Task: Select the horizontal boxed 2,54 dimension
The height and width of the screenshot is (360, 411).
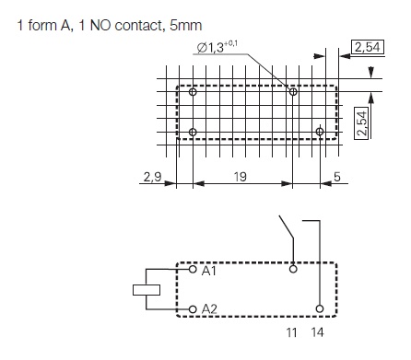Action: coord(368,49)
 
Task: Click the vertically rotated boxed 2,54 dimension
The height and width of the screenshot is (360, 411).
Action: coord(362,122)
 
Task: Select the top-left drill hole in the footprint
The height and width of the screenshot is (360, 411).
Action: coord(193,93)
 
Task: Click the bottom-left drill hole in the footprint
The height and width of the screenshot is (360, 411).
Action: coord(193,133)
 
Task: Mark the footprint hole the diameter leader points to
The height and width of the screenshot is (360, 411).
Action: coord(293,92)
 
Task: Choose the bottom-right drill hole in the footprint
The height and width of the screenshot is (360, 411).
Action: coord(319,133)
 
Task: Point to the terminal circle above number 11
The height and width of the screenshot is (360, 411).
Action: coord(294,271)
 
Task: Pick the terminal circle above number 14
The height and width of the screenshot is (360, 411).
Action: coord(319,308)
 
